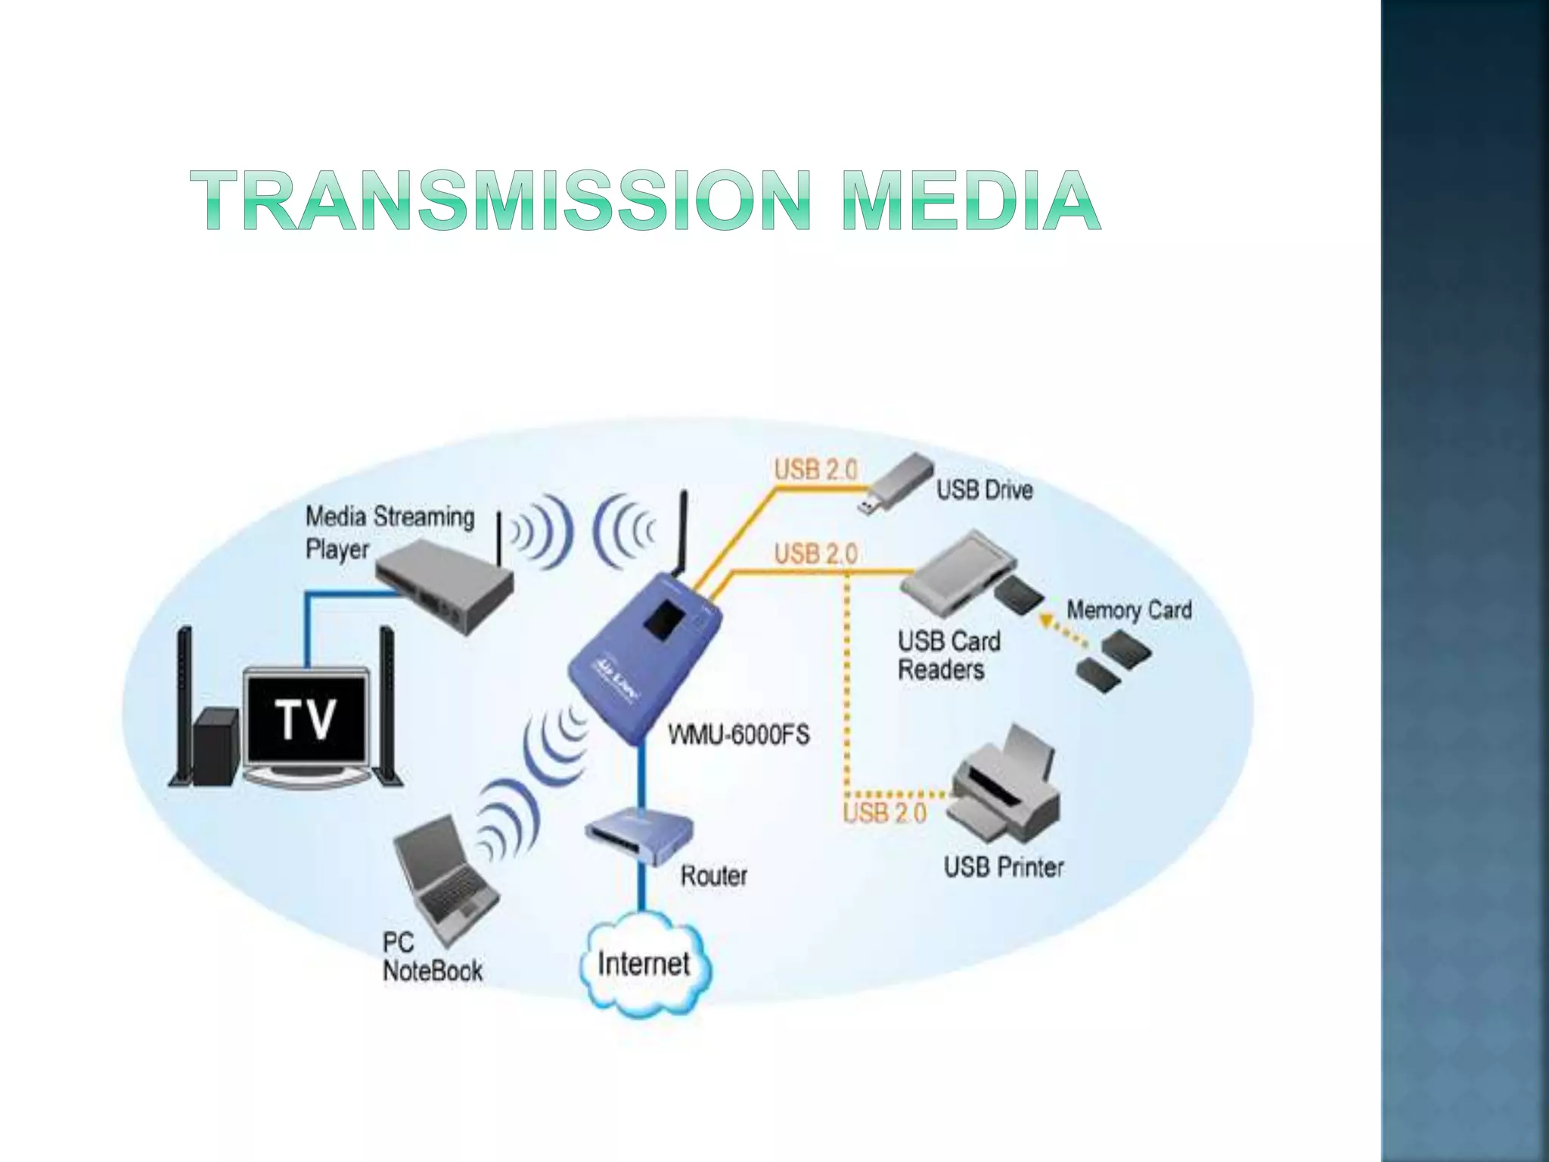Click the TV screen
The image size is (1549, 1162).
306,719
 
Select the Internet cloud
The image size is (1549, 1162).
644,964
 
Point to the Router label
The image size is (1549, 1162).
713,875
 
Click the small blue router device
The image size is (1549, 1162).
639,835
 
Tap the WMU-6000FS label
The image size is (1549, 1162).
738,735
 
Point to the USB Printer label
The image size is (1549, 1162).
1003,867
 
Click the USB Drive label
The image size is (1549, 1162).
985,490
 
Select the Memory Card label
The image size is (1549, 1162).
1128,610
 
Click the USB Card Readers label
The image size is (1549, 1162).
948,655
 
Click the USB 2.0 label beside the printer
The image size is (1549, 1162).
884,813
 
